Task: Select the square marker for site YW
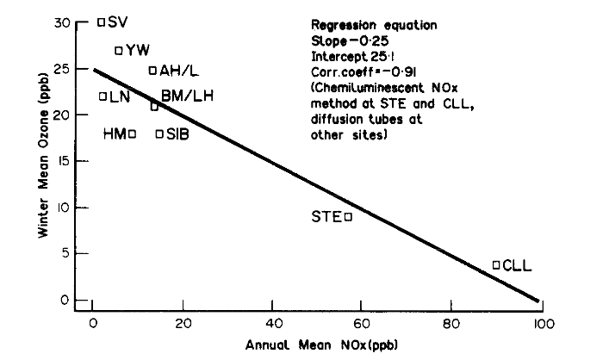coord(120,50)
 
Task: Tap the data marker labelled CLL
coord(496,265)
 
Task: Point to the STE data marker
coord(348,216)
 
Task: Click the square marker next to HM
coord(132,133)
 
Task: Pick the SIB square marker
coord(159,133)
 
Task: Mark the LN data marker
coord(103,96)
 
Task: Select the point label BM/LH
coord(187,96)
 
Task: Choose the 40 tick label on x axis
coord(271,324)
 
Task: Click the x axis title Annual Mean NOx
coord(315,344)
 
